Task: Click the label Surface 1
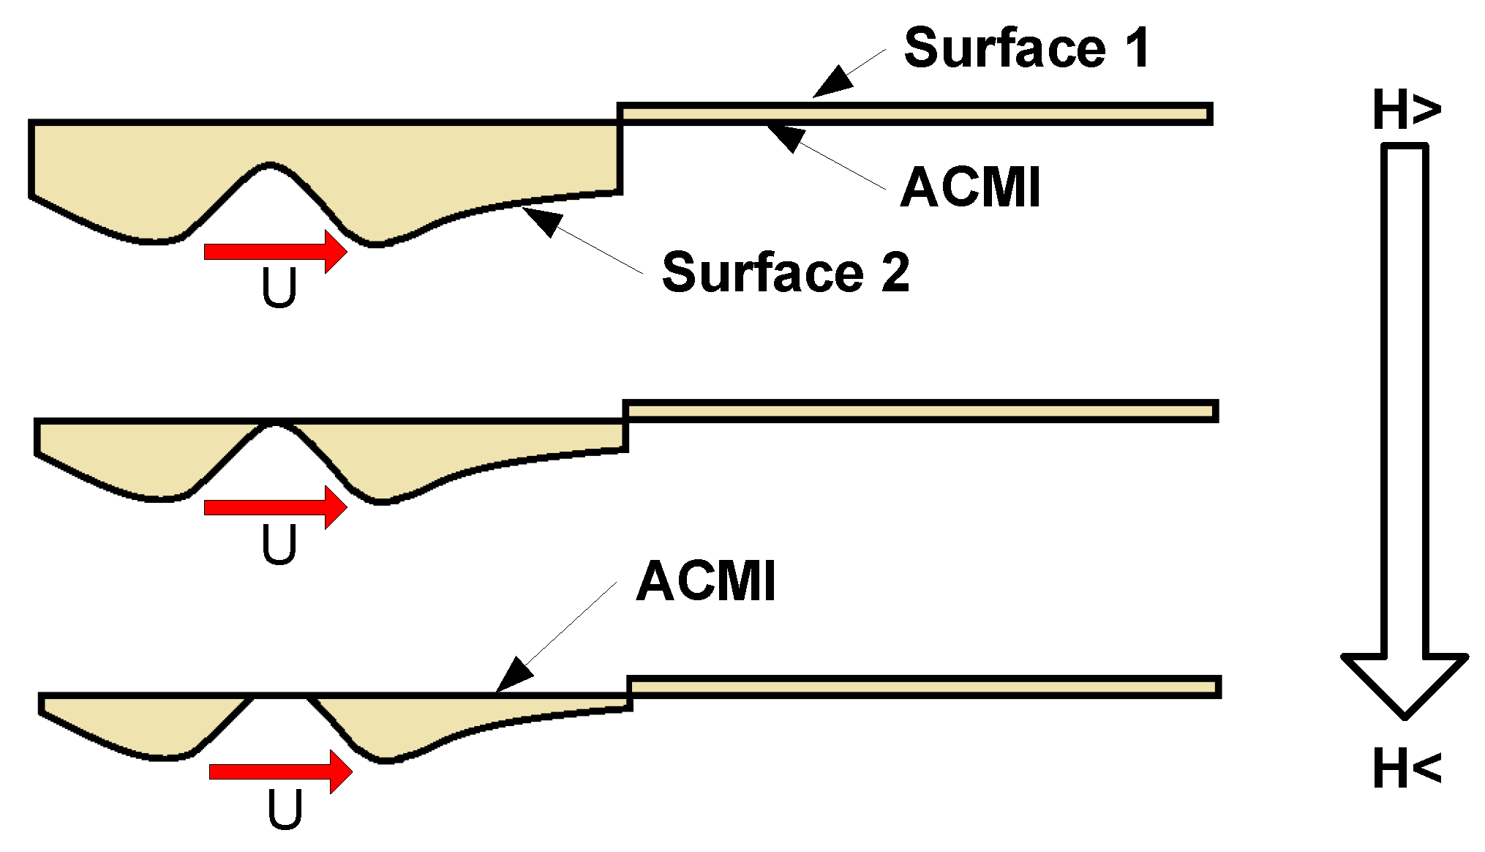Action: click(1026, 49)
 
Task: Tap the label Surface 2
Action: click(786, 272)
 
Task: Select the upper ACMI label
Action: click(969, 188)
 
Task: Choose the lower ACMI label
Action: click(706, 583)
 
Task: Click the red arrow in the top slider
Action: click(275, 252)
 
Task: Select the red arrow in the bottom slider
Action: click(281, 771)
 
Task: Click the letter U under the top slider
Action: click(279, 288)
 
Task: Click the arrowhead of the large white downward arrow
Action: click(1404, 681)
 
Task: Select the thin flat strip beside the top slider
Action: click(914, 113)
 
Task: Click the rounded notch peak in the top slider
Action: click(271, 166)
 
